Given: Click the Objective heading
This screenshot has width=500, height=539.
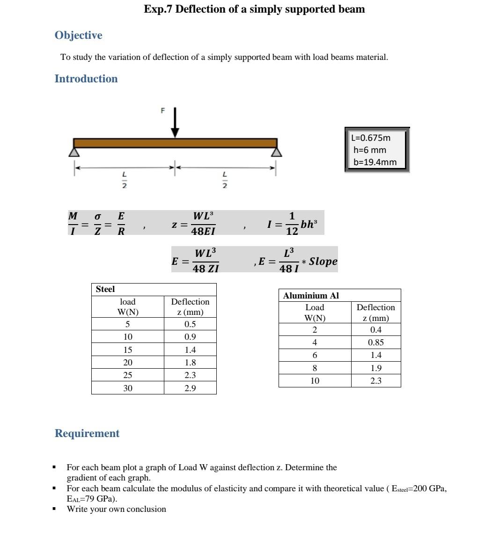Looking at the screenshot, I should pyautogui.click(x=78, y=36).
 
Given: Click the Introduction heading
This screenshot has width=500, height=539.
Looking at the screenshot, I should pyautogui.click(x=86, y=79).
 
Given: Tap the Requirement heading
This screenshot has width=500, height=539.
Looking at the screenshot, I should pyautogui.click(x=87, y=433).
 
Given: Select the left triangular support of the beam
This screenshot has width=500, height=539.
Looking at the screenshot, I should pyautogui.click(x=74, y=152).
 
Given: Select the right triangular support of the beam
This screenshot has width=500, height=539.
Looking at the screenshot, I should pyautogui.click(x=277, y=152).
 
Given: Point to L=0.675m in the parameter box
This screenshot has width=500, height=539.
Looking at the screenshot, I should pyautogui.click(x=371, y=138).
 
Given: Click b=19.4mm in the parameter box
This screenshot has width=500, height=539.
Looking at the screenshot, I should pyautogui.click(x=375, y=162).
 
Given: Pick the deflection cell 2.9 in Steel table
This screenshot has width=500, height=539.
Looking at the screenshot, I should pyautogui.click(x=190, y=388).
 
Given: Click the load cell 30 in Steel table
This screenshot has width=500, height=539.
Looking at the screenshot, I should pyautogui.click(x=128, y=388).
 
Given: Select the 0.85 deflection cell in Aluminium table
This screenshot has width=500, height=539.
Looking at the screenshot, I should pyautogui.click(x=375, y=342).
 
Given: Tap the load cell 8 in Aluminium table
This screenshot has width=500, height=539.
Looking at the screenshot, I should pyautogui.click(x=315, y=368).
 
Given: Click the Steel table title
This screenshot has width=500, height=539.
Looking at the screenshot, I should pyautogui.click(x=105, y=289).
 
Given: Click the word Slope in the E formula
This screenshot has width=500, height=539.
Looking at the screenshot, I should pyautogui.click(x=323, y=261).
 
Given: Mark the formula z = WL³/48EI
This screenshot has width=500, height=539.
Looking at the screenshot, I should pyautogui.click(x=194, y=224).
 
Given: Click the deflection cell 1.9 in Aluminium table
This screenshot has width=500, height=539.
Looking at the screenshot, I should pyautogui.click(x=375, y=368).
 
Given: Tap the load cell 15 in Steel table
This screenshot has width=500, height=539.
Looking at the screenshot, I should pyautogui.click(x=128, y=350).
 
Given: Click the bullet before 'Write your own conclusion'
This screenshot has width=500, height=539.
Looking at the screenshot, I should pyautogui.click(x=54, y=509).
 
